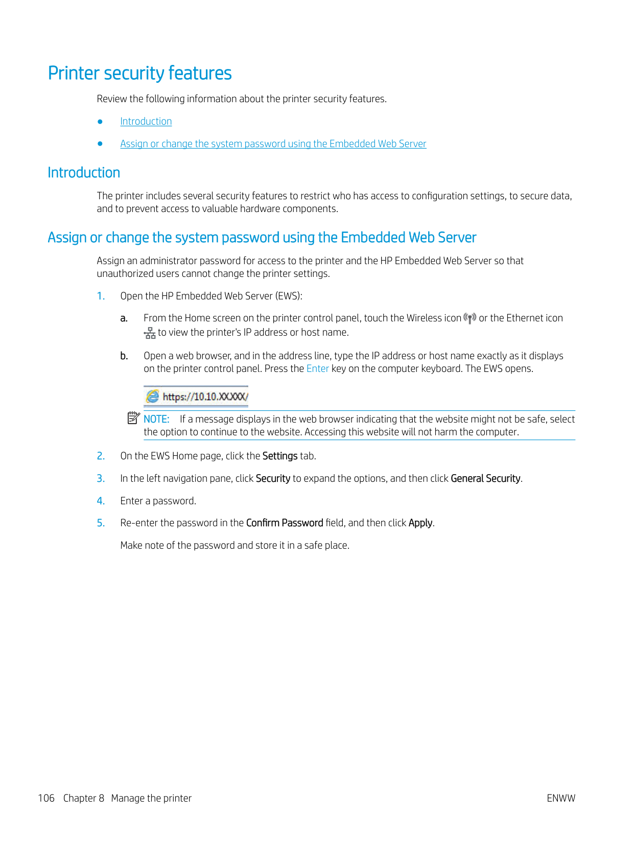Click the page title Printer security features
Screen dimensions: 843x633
pyautogui.click(x=139, y=73)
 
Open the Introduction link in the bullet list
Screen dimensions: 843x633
pyautogui.click(x=146, y=122)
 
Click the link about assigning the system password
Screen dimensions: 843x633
pyautogui.click(x=273, y=144)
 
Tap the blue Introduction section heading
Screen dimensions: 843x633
pyautogui.click(x=84, y=173)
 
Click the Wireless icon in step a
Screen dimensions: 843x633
pyautogui.click(x=470, y=318)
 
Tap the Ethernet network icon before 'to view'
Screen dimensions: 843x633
pyautogui.click(x=150, y=333)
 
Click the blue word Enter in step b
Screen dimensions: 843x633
pyautogui.click(x=317, y=369)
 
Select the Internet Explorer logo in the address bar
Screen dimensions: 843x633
pyautogui.click(x=152, y=396)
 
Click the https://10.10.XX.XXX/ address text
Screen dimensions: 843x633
pyautogui.click(x=205, y=397)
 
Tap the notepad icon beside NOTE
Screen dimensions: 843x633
pyautogui.click(x=133, y=418)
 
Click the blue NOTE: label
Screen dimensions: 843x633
pyautogui.click(x=156, y=419)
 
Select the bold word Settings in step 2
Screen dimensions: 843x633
pyautogui.click(x=279, y=456)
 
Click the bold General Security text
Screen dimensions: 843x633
pyautogui.click(x=485, y=479)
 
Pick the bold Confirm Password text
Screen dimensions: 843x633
pyautogui.click(x=285, y=523)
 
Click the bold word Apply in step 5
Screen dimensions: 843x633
pyautogui.click(x=420, y=523)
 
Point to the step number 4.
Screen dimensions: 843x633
pyautogui.click(x=101, y=501)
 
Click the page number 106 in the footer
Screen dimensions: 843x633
pyautogui.click(x=46, y=798)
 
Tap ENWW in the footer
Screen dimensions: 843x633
pyautogui.click(x=560, y=798)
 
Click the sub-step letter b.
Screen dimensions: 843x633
pyautogui.click(x=124, y=356)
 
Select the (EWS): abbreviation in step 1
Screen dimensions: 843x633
pyautogui.click(x=289, y=296)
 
